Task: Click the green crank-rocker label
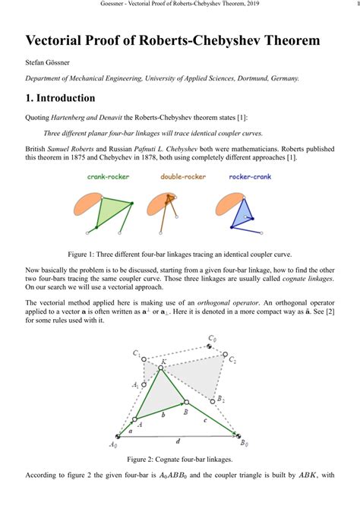coord(108,177)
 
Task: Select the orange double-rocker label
coord(183,177)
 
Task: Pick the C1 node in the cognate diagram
coord(145,357)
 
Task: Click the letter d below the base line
coord(178,441)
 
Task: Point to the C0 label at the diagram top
coord(213,338)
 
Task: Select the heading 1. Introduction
coord(61,98)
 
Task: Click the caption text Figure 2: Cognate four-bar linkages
coord(179,460)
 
